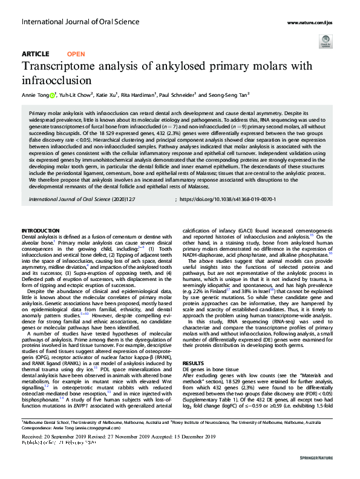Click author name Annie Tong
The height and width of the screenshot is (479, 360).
pyautogui.click(x=35, y=95)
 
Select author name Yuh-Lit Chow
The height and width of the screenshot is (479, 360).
pyautogui.click(x=74, y=95)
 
